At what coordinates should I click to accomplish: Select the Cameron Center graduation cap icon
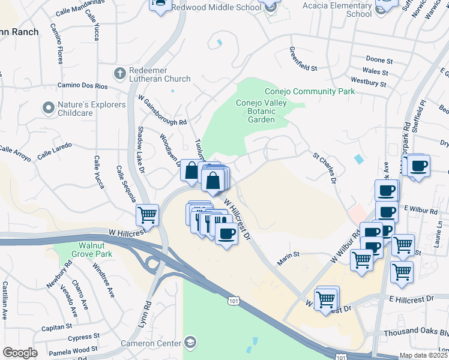pos(190,343)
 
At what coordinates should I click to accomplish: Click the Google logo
pos(19,353)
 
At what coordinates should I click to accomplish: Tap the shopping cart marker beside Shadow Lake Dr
pos(147,214)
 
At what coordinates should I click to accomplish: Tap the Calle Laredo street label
pos(55,150)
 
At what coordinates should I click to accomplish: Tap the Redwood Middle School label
pos(216,8)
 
